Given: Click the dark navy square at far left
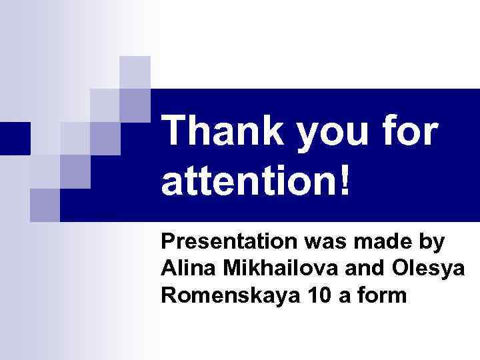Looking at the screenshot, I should click(x=15, y=139).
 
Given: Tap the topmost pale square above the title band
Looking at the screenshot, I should click(x=135, y=72).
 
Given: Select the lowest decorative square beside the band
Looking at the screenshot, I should click(x=45, y=205).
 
